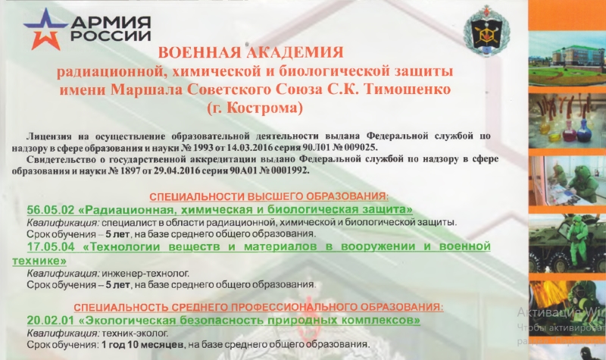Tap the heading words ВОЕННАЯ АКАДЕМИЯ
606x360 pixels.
[x=251, y=52]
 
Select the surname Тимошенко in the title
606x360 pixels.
[x=408, y=89]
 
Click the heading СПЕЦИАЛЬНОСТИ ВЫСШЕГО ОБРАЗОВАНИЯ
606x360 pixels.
[x=269, y=196]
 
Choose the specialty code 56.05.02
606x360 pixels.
[x=50, y=210]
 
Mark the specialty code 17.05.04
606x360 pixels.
[x=50, y=246]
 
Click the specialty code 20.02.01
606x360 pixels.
[x=50, y=321]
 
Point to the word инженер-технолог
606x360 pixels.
[x=145, y=274]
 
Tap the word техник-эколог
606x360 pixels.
[x=135, y=333]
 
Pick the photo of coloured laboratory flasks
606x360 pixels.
[x=567, y=121]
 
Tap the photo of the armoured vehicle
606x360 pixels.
[x=567, y=243]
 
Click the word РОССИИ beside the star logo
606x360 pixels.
[x=111, y=36]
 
